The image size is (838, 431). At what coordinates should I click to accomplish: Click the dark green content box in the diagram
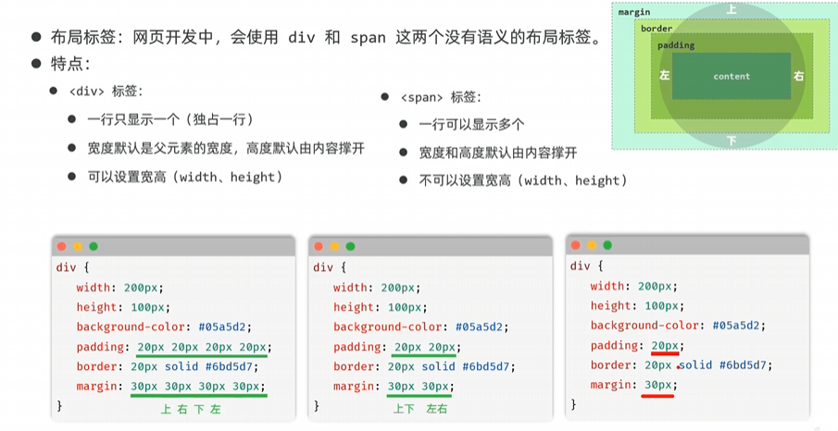pos(732,77)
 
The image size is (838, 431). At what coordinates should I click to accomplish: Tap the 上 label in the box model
pos(732,9)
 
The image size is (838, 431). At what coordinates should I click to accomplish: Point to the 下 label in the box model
pos(732,141)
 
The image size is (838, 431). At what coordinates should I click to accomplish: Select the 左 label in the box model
pos(663,75)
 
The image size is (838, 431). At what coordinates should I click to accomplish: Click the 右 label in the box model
pos(799,75)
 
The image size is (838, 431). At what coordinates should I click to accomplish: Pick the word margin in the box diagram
pos(634,12)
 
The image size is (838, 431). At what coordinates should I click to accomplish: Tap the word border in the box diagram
pos(657,29)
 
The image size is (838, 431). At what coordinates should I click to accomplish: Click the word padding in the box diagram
pos(676,44)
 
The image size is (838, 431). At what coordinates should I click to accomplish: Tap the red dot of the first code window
pos(61,247)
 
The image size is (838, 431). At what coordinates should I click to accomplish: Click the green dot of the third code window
pos(607,245)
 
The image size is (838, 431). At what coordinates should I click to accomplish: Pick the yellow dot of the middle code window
pos(334,247)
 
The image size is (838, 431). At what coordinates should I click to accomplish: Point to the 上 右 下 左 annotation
pos(192,408)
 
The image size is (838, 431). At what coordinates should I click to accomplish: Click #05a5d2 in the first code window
pos(225,326)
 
